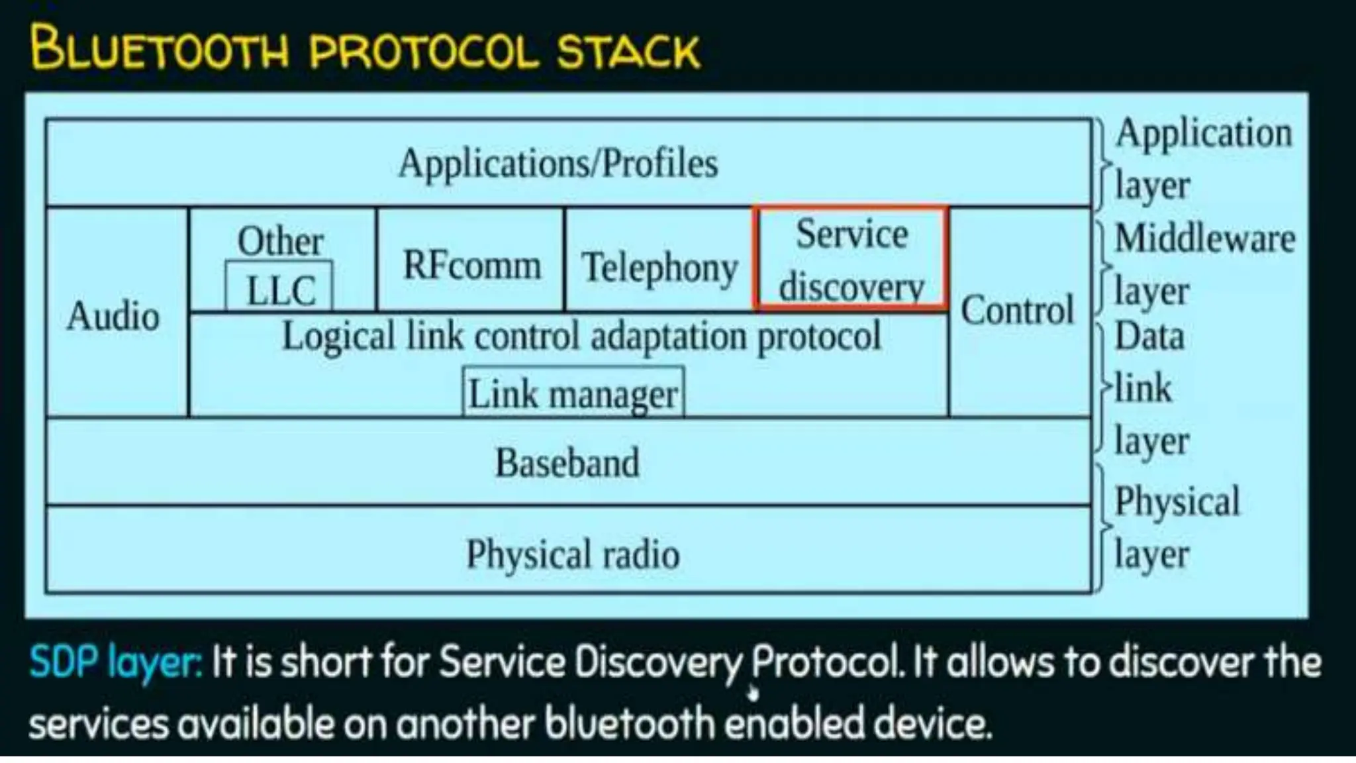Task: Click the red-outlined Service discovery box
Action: (x=851, y=258)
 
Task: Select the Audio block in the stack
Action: (x=113, y=315)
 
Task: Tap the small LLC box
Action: (x=279, y=289)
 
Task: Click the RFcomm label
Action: (x=471, y=265)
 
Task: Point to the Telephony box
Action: (x=659, y=266)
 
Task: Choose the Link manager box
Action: (x=573, y=393)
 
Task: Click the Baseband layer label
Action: (x=567, y=462)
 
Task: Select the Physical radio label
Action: (x=573, y=554)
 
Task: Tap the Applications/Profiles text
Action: (x=558, y=163)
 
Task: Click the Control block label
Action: (x=1018, y=310)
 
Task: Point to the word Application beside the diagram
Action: (x=1204, y=133)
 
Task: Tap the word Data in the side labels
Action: (x=1149, y=336)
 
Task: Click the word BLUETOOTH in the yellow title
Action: (x=160, y=48)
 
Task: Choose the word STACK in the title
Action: (x=628, y=50)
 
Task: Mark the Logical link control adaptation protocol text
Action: (x=581, y=336)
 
